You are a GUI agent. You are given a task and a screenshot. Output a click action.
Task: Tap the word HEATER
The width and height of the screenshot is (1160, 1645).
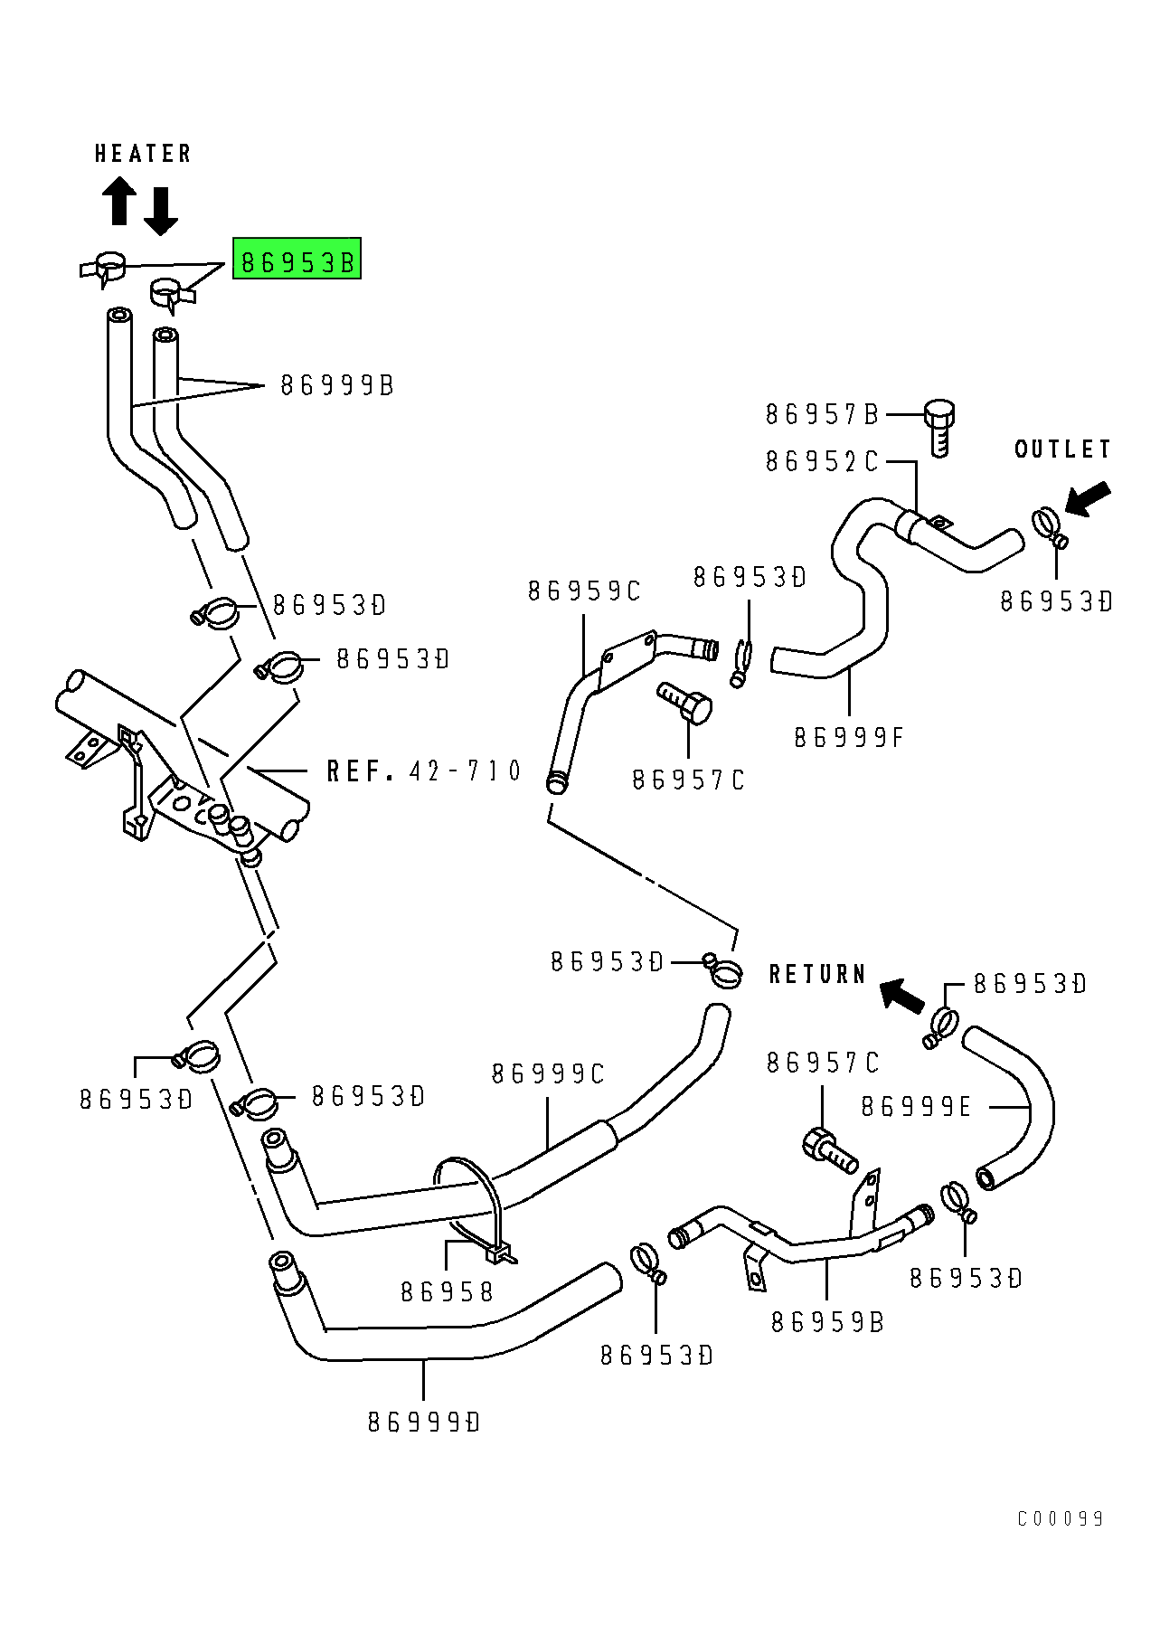pos(143,154)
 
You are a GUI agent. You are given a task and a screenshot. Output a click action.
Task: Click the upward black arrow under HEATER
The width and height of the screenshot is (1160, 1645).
pos(118,200)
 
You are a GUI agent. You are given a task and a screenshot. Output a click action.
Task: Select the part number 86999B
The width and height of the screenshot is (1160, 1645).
pos(337,386)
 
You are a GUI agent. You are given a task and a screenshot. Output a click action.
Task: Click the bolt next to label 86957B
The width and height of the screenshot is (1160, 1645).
pos(939,427)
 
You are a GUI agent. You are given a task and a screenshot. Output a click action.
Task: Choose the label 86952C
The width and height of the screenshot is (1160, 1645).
pos(822,462)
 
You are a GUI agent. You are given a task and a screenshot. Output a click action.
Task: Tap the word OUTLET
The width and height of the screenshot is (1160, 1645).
pos(1062,449)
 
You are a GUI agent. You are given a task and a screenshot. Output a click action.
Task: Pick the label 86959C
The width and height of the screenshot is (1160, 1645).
pos(584,591)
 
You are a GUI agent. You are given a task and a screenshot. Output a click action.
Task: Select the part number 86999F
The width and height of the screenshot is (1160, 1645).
pos(849,738)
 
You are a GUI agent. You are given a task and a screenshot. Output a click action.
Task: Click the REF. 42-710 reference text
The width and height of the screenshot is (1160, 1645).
pos(424,771)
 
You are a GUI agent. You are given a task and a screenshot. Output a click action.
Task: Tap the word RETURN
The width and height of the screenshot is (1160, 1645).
pos(817,974)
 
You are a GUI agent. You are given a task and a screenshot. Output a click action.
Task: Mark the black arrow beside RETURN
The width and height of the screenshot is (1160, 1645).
pos(902,995)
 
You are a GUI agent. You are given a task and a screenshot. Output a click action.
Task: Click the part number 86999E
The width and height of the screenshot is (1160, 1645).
pos(916,1107)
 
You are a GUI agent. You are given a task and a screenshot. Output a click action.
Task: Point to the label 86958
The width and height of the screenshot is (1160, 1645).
pos(448,1292)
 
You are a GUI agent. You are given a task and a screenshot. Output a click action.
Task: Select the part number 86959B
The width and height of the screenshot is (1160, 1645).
pos(827,1322)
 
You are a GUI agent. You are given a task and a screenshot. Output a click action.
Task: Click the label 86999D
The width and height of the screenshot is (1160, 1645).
pos(424,1423)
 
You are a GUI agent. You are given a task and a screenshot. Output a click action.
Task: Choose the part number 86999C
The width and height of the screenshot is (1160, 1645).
pos(548,1074)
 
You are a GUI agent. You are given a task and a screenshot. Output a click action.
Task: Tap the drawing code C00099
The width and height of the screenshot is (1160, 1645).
pos(1061,1518)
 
